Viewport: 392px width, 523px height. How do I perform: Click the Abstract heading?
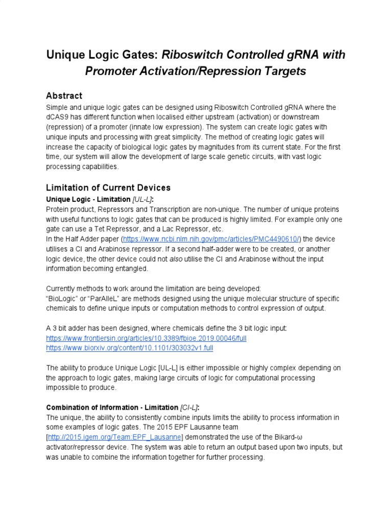pos(64,96)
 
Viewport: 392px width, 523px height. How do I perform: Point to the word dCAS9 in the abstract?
pos(59,117)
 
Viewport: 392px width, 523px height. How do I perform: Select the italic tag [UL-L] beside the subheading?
pos(143,199)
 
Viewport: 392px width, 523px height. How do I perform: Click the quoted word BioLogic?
pos(63,298)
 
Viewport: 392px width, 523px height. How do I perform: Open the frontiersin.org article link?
pos(146,338)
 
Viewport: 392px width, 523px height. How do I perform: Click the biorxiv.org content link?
pos(130,348)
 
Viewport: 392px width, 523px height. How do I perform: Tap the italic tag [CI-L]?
pos(189,408)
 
